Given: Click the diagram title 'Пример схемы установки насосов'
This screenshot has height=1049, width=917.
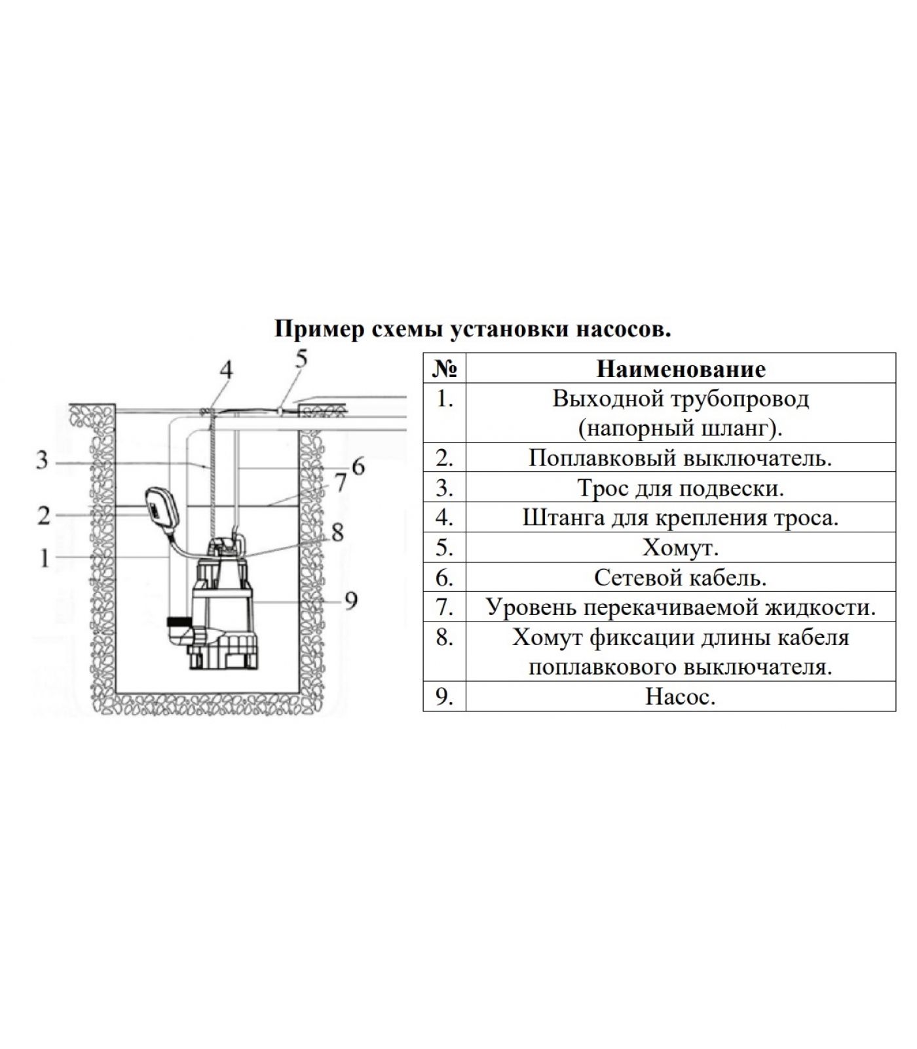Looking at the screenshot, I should coord(472,329).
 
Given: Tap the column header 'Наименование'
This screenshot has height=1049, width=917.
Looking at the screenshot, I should coord(681,369).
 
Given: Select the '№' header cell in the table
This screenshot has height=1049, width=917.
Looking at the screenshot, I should coord(444,369).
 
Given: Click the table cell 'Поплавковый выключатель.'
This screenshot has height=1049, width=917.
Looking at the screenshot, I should coord(681,458).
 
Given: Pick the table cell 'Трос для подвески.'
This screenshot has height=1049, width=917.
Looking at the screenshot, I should coord(681,488).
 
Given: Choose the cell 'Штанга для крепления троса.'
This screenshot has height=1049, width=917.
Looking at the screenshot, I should coord(681,518).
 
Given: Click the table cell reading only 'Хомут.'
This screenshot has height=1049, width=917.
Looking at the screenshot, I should coord(681,547).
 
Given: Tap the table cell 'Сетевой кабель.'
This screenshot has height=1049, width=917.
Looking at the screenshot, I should coord(681,578).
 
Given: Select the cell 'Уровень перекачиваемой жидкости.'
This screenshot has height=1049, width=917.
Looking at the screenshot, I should coord(681,607).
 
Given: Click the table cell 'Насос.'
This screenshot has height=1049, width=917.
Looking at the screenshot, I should coord(681,696).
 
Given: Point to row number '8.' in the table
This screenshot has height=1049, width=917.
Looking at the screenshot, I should coord(445,637).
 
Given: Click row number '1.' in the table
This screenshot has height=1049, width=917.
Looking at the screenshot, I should coord(445,399).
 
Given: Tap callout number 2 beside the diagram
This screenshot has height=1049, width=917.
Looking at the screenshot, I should coord(44,515).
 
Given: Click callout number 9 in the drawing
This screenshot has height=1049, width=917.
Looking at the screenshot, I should coord(351,600).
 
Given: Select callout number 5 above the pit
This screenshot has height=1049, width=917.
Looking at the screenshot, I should coord(301,359).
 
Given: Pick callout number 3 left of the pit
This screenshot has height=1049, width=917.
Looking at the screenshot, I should coord(43,460).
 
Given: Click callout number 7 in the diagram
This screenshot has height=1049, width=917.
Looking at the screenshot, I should coord(340,483).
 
